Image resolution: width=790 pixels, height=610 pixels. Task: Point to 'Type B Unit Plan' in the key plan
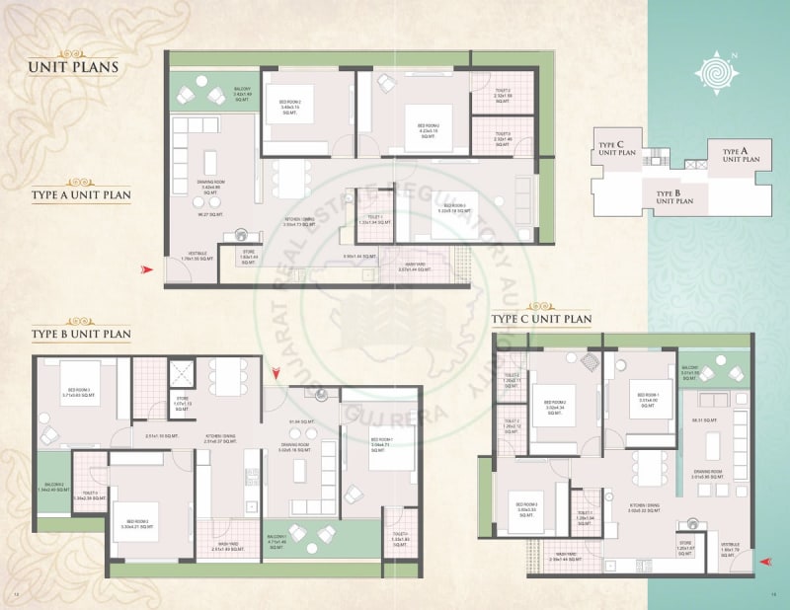(x=674, y=196)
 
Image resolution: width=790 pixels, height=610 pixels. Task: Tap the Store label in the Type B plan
(x=181, y=401)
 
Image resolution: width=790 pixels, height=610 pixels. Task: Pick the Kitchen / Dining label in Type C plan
(x=643, y=507)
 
